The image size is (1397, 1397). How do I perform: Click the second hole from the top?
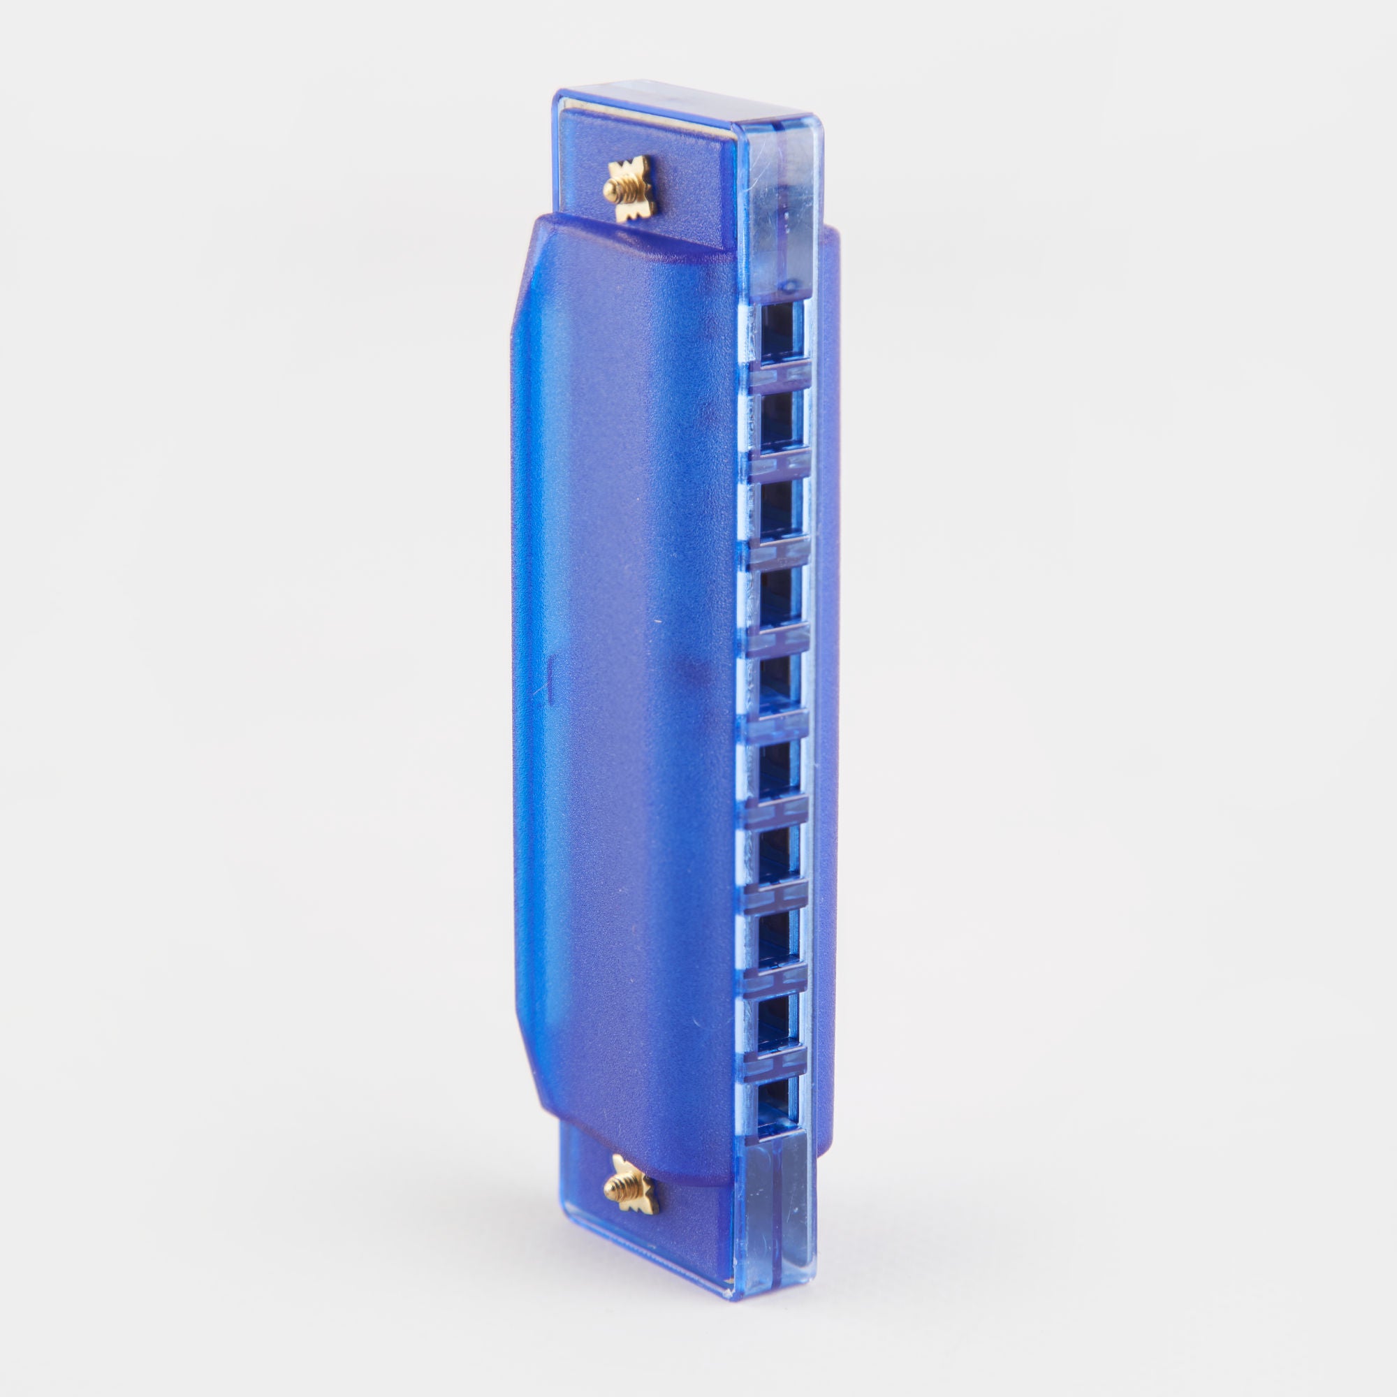tap(780, 417)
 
